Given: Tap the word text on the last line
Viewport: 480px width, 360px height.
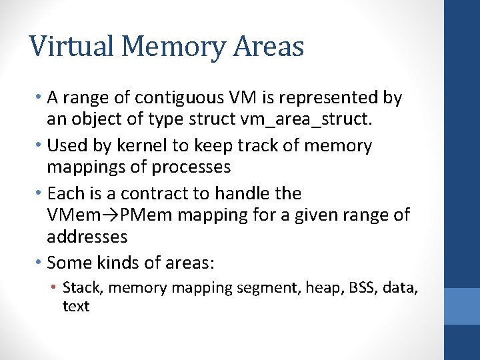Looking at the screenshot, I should pos(75,306).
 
